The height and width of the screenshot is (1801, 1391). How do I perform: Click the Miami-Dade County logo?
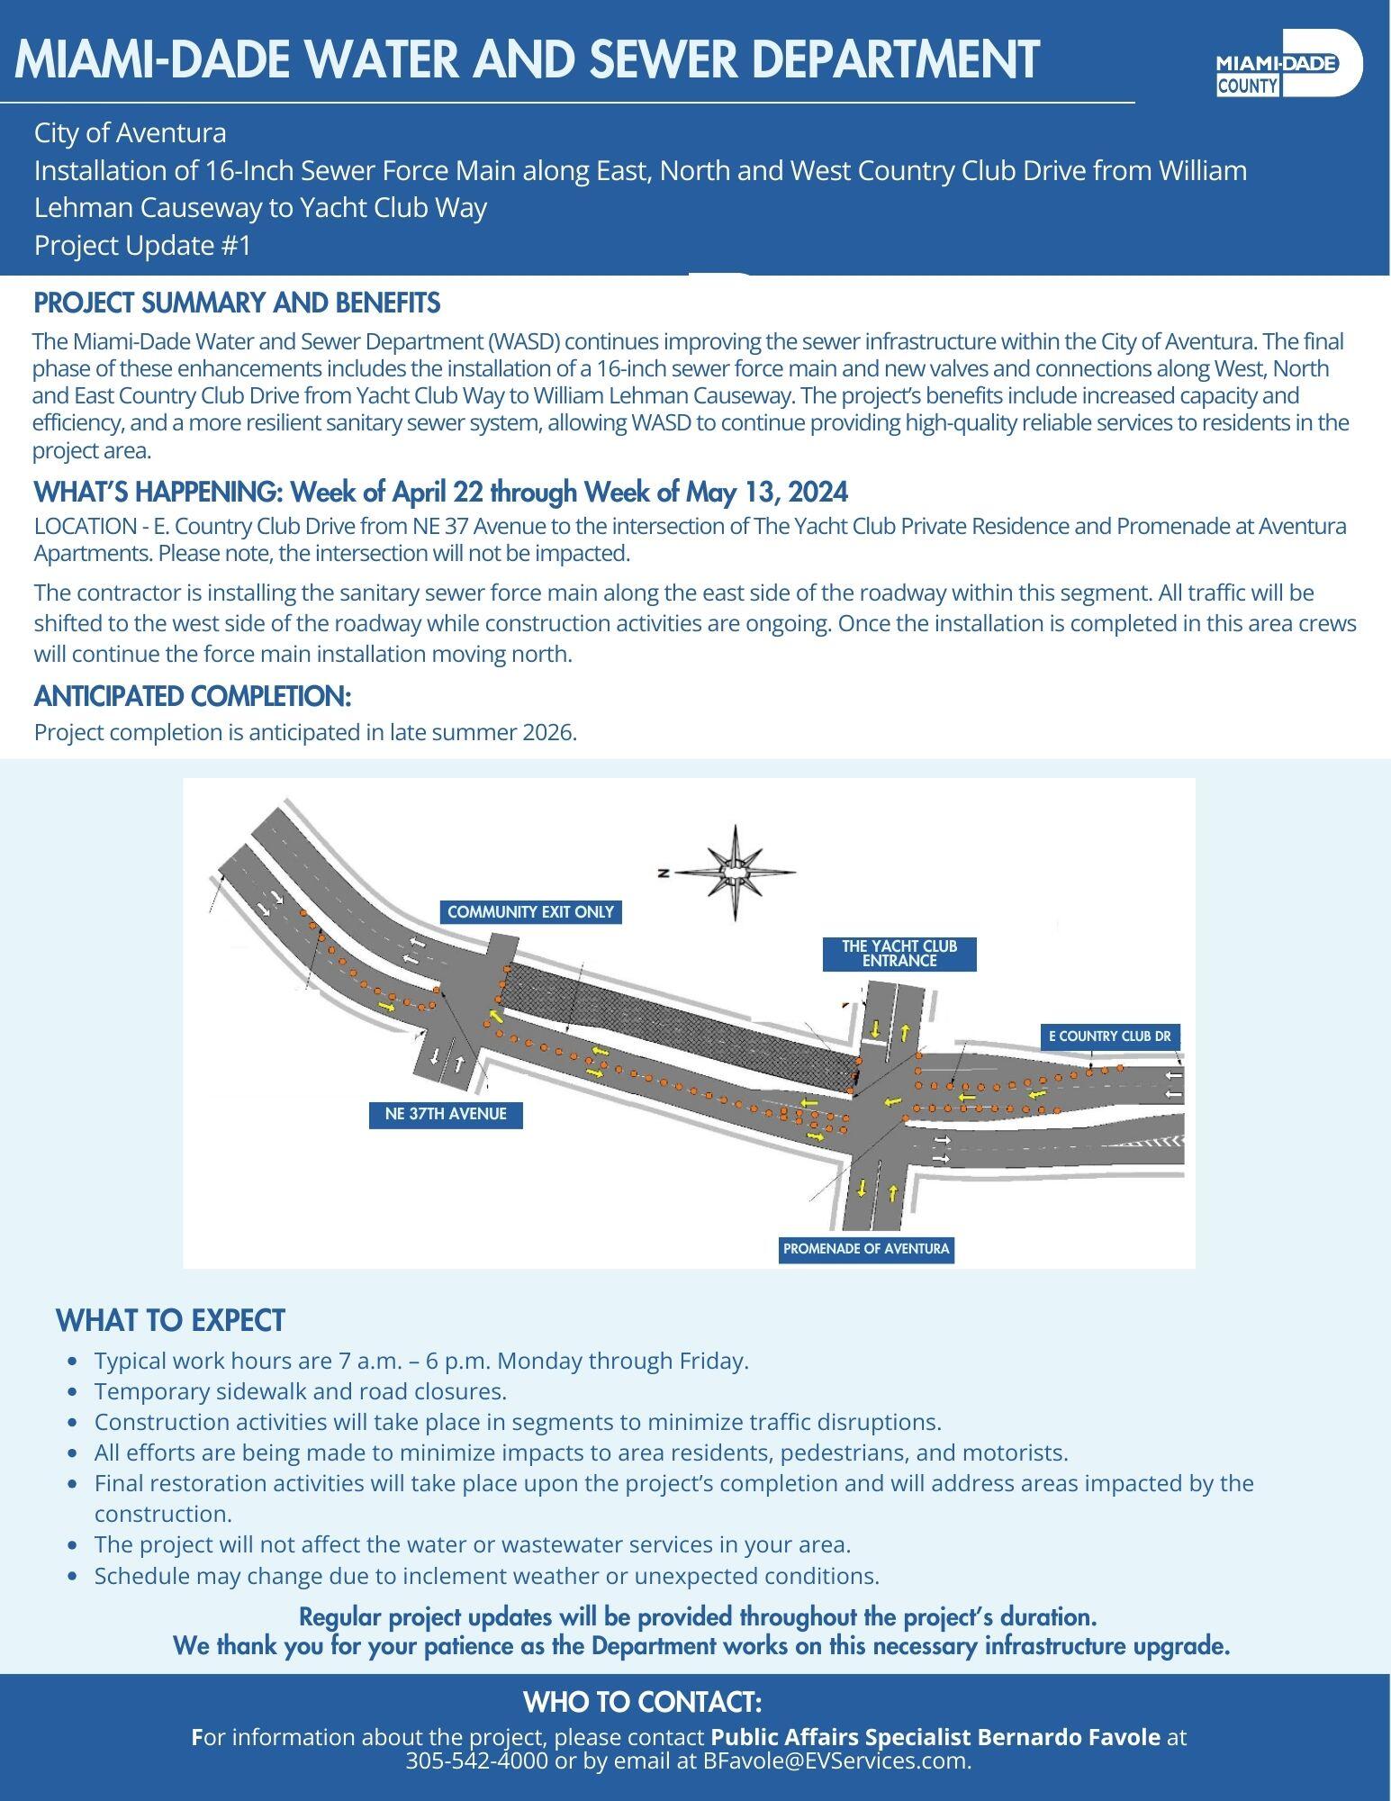1287,62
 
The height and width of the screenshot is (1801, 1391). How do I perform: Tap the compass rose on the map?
736,872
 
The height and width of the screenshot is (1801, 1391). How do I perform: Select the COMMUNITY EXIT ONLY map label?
530,912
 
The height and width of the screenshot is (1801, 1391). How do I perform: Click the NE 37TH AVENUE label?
446,1114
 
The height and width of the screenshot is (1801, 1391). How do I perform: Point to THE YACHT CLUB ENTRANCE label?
899,953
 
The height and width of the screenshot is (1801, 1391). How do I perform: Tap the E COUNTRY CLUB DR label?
1109,1036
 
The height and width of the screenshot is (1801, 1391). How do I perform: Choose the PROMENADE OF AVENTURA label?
865,1249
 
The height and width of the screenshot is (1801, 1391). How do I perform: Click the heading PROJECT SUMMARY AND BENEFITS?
237,303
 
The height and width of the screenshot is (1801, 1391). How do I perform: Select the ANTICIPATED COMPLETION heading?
192,696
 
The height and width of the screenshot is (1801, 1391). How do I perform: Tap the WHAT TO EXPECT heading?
170,1320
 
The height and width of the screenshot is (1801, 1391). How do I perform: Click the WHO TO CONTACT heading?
643,1702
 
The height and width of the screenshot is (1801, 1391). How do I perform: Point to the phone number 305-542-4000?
476,1760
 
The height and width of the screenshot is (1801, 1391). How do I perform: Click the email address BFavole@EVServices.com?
835,1760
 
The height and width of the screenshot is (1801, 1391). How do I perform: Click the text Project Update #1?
142,245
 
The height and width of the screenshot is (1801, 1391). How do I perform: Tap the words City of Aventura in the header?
130,133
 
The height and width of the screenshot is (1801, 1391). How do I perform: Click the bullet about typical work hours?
421,1361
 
